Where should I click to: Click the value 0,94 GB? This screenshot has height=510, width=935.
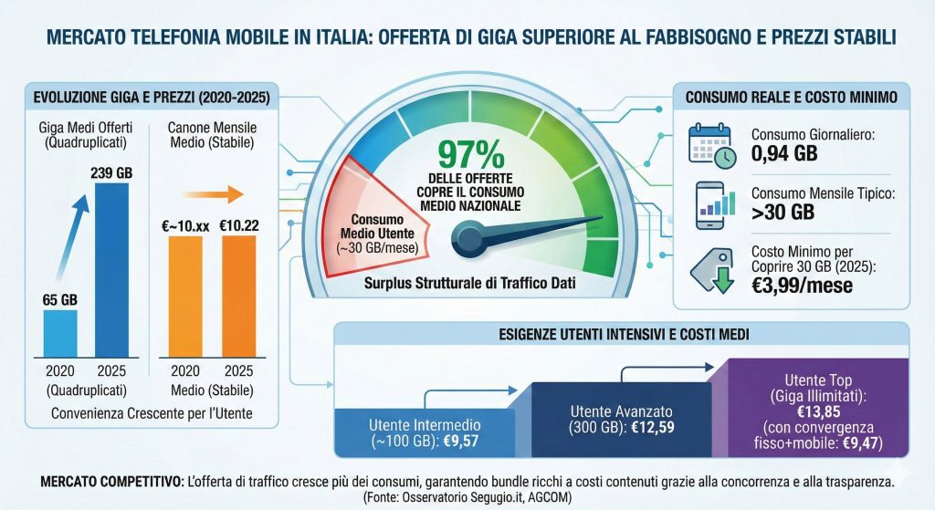[x=784, y=152]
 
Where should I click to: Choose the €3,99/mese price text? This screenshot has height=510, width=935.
[x=803, y=285]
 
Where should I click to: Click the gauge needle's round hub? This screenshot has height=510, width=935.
[x=469, y=240]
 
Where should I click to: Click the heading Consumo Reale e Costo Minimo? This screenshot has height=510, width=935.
[x=791, y=97]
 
